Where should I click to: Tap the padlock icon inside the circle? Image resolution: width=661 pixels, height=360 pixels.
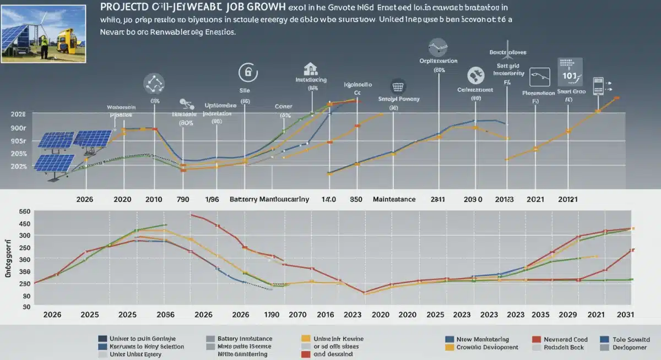click(x=247, y=73)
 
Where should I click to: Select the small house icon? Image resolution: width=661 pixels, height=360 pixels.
click(x=311, y=69)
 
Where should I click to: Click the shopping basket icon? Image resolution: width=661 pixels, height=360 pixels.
click(x=397, y=86)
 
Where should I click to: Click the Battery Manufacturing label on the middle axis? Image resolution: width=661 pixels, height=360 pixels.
click(x=269, y=199)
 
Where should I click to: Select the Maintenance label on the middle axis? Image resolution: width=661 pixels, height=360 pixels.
click(x=394, y=199)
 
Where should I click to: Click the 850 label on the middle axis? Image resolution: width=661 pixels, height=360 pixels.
click(x=356, y=199)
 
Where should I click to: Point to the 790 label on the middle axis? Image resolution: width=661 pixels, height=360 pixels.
click(x=183, y=199)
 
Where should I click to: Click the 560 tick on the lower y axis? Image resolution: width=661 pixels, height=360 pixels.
click(x=24, y=212)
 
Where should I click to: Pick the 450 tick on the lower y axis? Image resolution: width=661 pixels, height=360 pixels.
click(x=24, y=223)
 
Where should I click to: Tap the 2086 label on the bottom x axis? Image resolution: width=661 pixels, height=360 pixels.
click(x=165, y=315)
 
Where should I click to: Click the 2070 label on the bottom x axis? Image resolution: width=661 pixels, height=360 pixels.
click(x=297, y=315)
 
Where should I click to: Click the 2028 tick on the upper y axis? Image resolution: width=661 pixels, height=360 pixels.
click(x=18, y=113)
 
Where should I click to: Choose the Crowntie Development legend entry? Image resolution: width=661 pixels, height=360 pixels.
click(x=487, y=347)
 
